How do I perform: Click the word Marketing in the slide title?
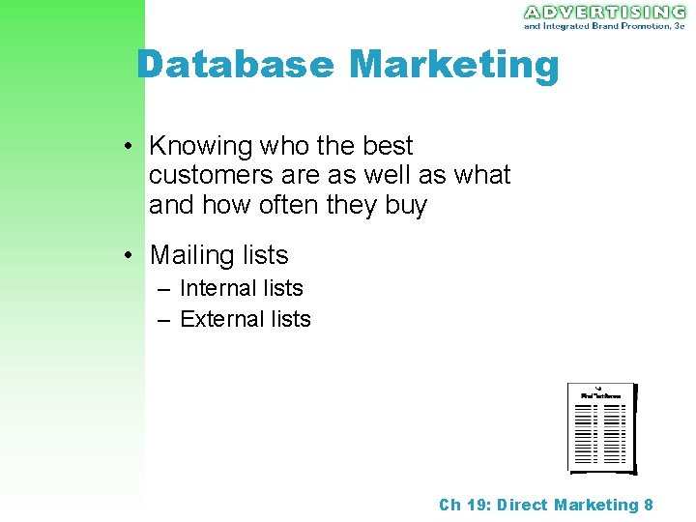tap(453, 66)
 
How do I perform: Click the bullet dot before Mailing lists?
tap(128, 256)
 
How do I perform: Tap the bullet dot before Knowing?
tap(128, 147)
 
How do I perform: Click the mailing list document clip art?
tap(601, 427)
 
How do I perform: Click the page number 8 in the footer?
tap(649, 505)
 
